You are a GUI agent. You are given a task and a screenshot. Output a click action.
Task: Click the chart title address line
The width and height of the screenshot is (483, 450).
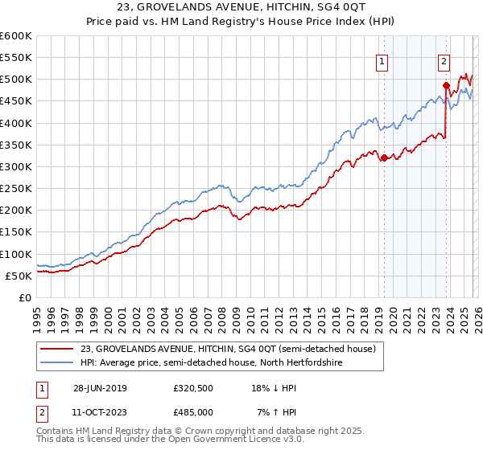[x=241, y=7]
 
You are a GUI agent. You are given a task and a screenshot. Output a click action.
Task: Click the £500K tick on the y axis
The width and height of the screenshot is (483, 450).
[x=15, y=80]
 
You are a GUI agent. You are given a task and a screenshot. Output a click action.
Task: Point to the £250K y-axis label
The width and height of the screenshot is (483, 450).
[x=15, y=189]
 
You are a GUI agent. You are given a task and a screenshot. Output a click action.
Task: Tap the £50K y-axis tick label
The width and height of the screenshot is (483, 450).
[x=19, y=276]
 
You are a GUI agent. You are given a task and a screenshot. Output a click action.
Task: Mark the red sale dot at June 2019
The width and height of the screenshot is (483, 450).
[x=384, y=157]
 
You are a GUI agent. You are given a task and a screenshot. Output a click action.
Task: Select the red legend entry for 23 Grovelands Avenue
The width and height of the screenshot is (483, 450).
[x=228, y=350]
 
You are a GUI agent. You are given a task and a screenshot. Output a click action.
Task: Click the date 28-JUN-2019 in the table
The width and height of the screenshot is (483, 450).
[x=97, y=387]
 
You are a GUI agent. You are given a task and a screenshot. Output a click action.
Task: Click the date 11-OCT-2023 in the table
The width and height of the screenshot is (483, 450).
[x=97, y=411]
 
